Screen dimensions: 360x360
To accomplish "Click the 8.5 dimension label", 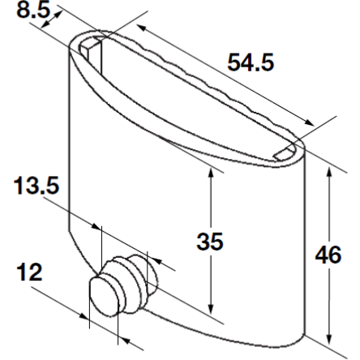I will pos(31,10).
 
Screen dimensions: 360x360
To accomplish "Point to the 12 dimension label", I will pos(29,272).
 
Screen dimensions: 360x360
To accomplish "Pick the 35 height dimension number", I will pos(211,241).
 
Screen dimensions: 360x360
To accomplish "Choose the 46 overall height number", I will pos(328,255).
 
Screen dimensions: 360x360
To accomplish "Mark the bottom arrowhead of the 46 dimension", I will pos(329,338).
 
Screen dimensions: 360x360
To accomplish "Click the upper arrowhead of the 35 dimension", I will pos(211,174).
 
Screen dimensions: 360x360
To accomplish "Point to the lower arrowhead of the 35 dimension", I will pos(211,309).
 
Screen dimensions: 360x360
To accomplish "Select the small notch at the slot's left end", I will pos(92,47).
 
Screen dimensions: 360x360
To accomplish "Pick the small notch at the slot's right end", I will pos(285,152).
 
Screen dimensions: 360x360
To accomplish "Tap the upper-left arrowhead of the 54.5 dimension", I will pos(141,29).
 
